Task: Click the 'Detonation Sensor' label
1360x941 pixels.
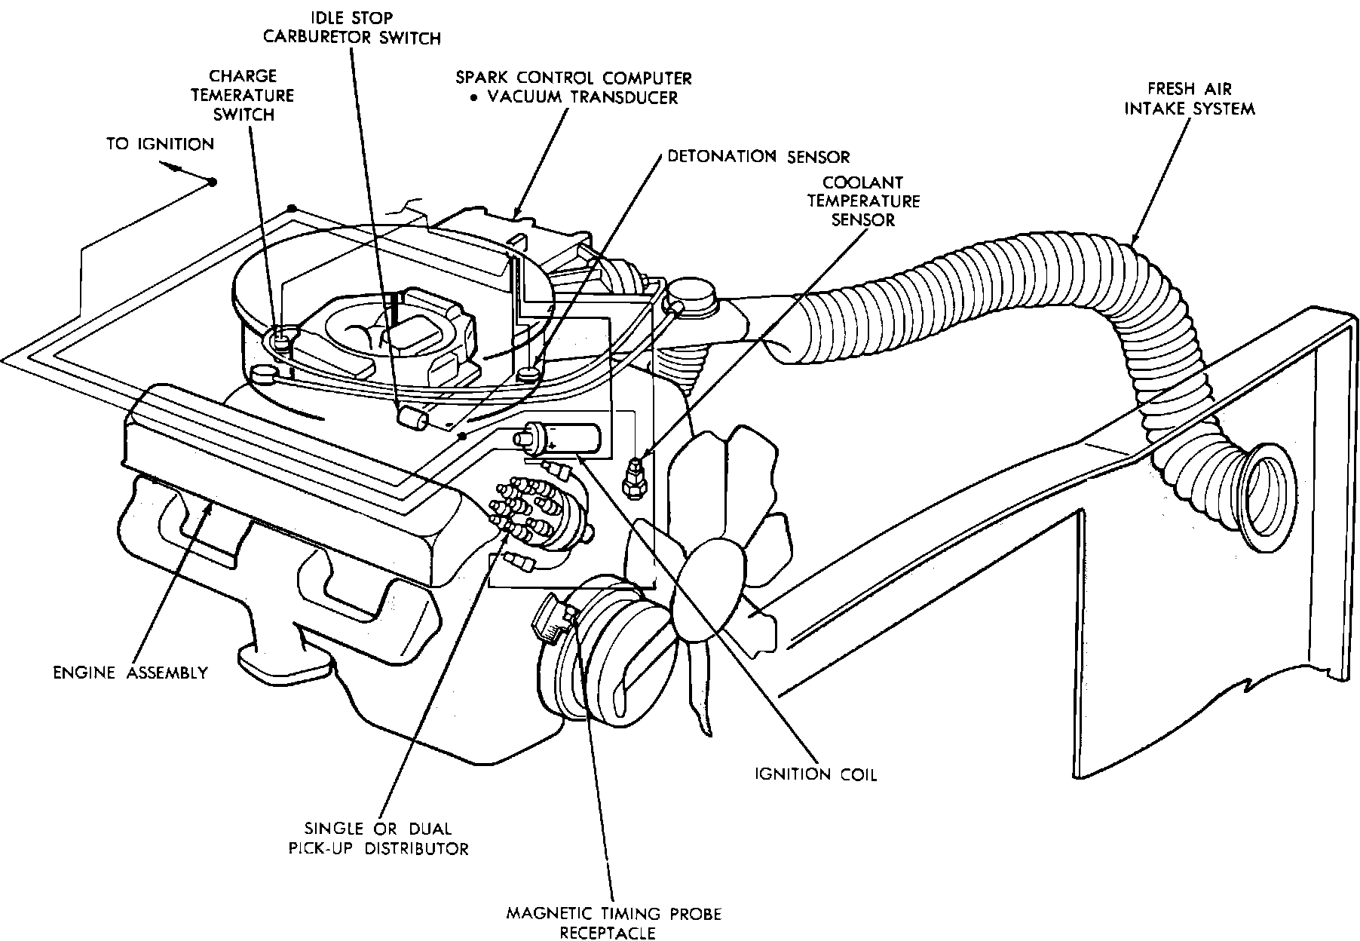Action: pyautogui.click(x=758, y=157)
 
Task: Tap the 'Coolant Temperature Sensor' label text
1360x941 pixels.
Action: pyautogui.click(x=863, y=201)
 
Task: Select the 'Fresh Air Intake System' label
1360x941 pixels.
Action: pyautogui.click(x=1190, y=99)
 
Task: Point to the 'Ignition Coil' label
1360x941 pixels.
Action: pyautogui.click(x=816, y=774)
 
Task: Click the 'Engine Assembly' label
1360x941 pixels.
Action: pyautogui.click(x=130, y=673)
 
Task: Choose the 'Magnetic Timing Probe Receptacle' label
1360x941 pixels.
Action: pyautogui.click(x=614, y=923)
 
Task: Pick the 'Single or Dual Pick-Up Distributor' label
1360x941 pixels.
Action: pyautogui.click(x=378, y=838)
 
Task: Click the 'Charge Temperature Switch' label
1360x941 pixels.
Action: pyautogui.click(x=243, y=96)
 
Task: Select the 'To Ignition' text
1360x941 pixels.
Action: pyautogui.click(x=160, y=144)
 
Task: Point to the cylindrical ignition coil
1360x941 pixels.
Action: pyautogui.click(x=557, y=439)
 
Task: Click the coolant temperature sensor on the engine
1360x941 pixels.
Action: pyautogui.click(x=633, y=478)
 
